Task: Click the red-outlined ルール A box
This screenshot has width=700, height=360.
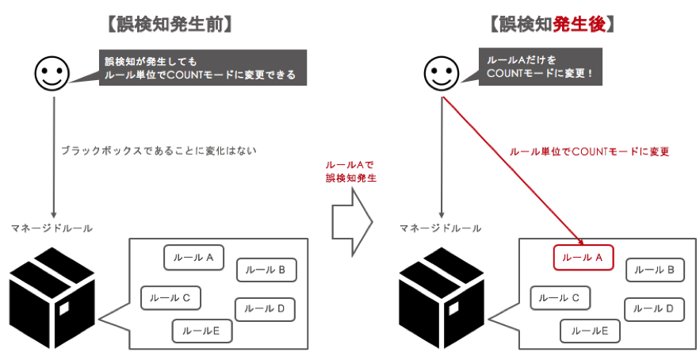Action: (x=583, y=258)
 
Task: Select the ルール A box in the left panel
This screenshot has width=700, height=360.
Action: (x=193, y=258)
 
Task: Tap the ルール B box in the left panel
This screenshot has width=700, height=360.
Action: (x=266, y=270)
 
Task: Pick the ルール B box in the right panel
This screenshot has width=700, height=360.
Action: (x=655, y=270)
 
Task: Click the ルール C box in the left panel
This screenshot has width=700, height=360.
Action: (x=170, y=298)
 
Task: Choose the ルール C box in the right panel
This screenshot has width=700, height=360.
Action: (x=560, y=298)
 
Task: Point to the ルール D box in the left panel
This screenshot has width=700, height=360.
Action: (x=265, y=308)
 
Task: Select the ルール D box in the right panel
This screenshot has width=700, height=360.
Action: (x=654, y=308)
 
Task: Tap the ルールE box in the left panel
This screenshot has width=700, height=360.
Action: (x=201, y=331)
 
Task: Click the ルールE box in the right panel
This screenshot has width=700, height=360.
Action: (x=590, y=331)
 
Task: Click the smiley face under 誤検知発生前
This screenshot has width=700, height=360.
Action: (x=52, y=74)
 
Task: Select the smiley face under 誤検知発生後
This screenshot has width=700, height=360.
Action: (x=442, y=74)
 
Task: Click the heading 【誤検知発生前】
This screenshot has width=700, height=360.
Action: (x=169, y=25)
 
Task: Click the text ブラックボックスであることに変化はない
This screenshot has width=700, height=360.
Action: (x=159, y=149)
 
